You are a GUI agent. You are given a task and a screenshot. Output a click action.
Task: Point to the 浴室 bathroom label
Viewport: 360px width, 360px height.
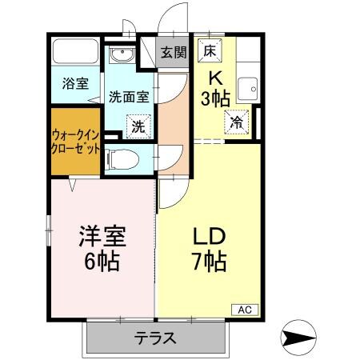(76, 83)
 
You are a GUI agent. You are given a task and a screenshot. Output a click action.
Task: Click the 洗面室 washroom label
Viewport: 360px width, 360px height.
(129, 97)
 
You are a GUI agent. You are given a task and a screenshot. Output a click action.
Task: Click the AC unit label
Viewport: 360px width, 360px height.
(246, 309)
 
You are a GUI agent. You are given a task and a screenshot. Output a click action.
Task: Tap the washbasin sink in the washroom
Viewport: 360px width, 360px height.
(122, 55)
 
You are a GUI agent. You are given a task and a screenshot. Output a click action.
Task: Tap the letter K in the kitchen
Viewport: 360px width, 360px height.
(215, 78)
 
